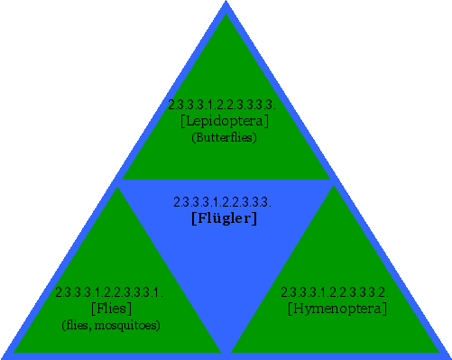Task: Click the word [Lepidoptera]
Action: point(225,121)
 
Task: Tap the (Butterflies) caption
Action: point(225,137)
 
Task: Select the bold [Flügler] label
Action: point(225,217)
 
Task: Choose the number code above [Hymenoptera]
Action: point(334,292)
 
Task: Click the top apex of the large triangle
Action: point(226,3)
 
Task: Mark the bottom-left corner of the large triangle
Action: point(3,357)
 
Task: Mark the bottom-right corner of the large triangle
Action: point(448,357)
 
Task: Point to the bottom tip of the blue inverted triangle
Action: point(226,351)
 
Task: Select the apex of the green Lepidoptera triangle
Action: point(226,15)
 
